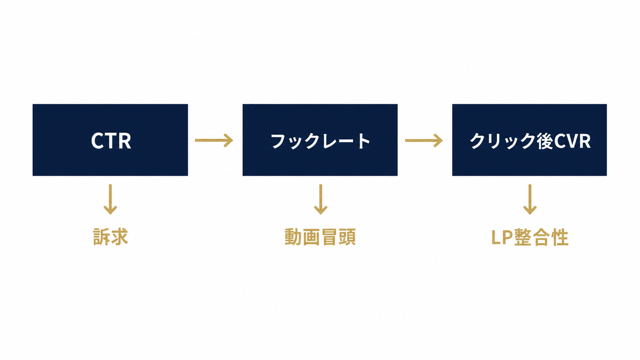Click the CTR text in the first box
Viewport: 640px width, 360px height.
point(111,140)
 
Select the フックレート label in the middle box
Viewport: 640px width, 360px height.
point(320,140)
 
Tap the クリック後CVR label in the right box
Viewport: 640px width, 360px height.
point(530,140)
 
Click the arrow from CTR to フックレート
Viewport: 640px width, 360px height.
point(214,140)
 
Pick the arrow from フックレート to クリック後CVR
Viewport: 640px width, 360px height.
point(424,140)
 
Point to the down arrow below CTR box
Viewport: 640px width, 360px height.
point(110,200)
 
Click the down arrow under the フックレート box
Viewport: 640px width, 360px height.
point(320,200)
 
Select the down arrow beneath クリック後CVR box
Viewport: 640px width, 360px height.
point(530,200)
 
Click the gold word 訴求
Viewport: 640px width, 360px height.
point(110,237)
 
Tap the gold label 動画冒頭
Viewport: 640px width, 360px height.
point(320,237)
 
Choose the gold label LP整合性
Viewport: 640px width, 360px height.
point(530,237)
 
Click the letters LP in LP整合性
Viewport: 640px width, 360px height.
point(502,238)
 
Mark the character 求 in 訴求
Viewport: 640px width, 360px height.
point(120,237)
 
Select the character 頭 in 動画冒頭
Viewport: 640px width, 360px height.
point(348,237)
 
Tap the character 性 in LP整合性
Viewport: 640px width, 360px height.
point(560,237)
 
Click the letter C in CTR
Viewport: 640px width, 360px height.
point(98,140)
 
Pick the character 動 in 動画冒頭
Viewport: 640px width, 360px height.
point(293,237)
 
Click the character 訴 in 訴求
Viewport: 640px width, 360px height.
point(102,237)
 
